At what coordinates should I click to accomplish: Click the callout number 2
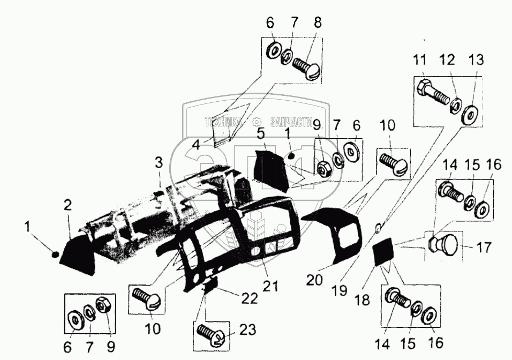pyautogui.click(x=67, y=205)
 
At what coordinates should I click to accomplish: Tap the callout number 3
pyautogui.click(x=159, y=162)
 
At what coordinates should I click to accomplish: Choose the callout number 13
pyautogui.click(x=475, y=59)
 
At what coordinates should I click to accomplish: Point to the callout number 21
pyautogui.click(x=270, y=288)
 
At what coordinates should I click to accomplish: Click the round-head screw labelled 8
pyautogui.click(x=307, y=68)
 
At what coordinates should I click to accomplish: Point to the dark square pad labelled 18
pyautogui.click(x=382, y=251)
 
